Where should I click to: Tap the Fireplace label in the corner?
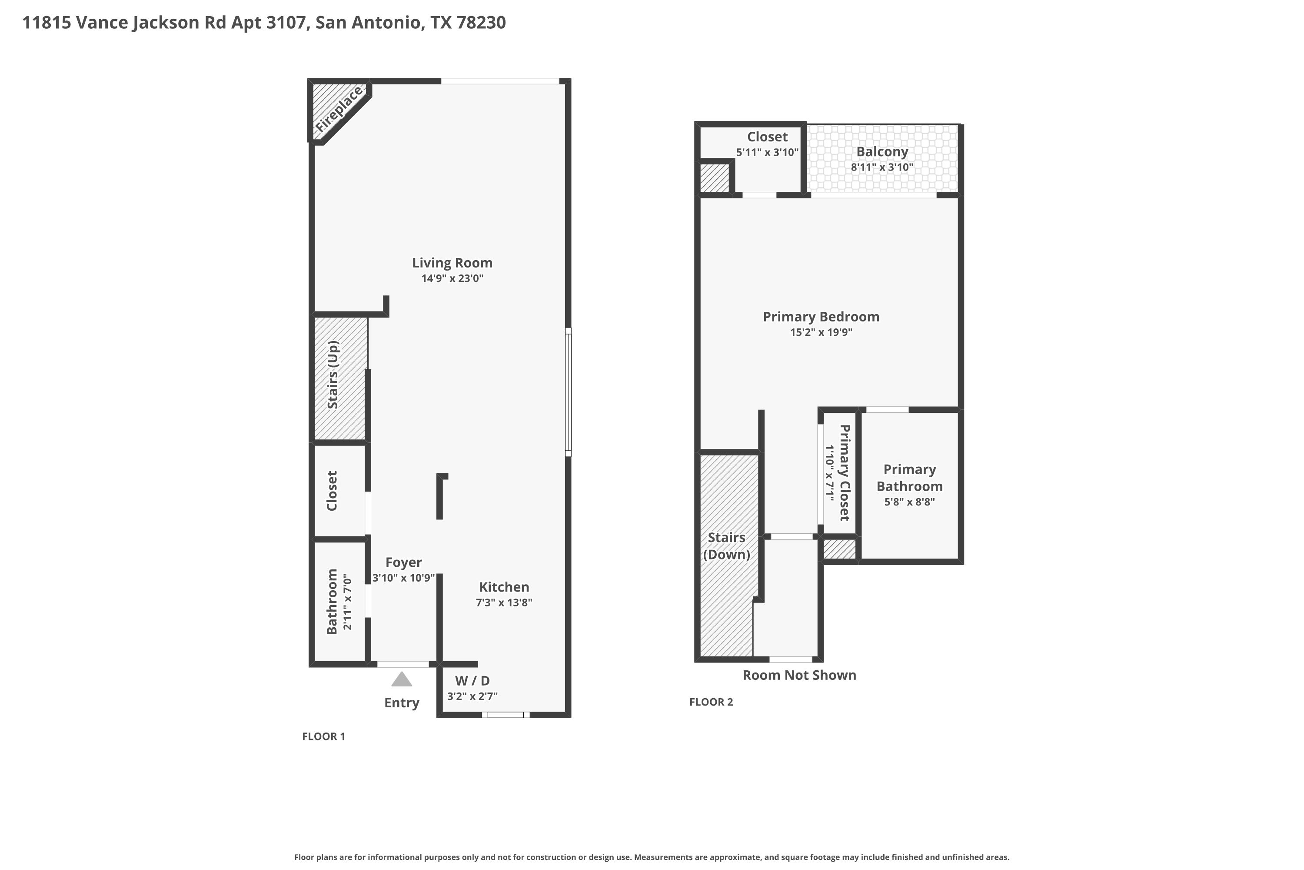(339, 110)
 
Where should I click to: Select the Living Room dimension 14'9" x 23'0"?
(452, 278)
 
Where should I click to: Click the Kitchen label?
(504, 586)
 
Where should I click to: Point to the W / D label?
(472, 680)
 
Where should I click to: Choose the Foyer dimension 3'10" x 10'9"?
(404, 578)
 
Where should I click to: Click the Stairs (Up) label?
(333, 375)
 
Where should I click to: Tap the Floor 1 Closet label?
(332, 491)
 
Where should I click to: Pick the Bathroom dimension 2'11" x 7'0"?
(348, 602)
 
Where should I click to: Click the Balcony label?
(882, 151)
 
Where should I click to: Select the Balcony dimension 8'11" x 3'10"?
(882, 167)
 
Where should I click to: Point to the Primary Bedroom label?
(821, 316)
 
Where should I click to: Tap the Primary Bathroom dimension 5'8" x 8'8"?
(909, 502)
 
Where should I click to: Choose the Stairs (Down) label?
(726, 546)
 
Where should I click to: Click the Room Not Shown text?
(799, 675)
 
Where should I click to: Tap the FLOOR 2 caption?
(711, 702)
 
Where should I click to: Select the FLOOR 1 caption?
(323, 736)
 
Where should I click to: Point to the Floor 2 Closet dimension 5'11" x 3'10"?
(767, 152)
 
